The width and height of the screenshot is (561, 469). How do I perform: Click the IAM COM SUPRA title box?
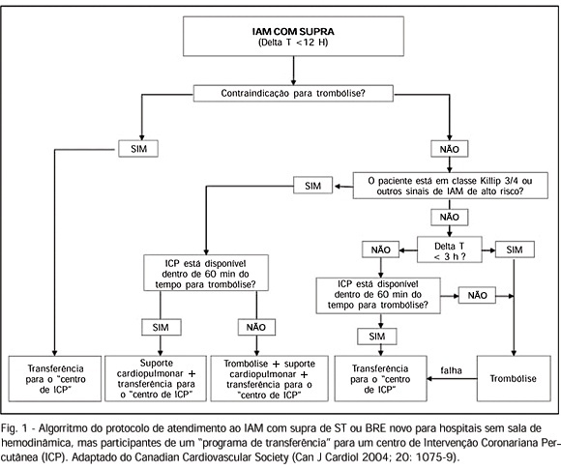(293, 36)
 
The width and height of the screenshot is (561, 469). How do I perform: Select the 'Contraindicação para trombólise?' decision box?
(293, 94)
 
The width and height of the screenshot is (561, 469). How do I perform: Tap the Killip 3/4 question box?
(450, 186)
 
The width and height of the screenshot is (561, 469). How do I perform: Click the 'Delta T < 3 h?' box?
(450, 249)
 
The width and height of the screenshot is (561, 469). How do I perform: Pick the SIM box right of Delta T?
(515, 249)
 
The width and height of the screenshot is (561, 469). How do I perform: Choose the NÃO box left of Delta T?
(380, 249)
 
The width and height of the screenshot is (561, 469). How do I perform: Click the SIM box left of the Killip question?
(312, 186)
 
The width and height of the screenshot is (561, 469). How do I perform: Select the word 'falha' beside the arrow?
(451, 370)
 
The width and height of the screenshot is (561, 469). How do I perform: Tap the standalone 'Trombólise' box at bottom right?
(514, 378)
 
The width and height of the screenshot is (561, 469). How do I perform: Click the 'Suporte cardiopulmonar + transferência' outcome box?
(156, 378)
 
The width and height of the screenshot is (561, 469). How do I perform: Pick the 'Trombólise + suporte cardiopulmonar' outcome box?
(269, 378)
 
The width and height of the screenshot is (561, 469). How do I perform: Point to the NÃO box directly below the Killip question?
(450, 218)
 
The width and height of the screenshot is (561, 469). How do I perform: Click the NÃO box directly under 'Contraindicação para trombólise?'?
(450, 149)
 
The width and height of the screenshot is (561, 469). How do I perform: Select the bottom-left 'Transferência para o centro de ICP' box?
(55, 378)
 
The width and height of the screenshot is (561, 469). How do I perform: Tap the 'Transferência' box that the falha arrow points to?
(380, 378)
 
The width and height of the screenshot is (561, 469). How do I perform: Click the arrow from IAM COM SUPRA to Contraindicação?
(293, 71)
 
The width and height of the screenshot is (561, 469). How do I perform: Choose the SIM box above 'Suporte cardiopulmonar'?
(161, 327)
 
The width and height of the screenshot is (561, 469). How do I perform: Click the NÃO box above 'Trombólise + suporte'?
(256, 327)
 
